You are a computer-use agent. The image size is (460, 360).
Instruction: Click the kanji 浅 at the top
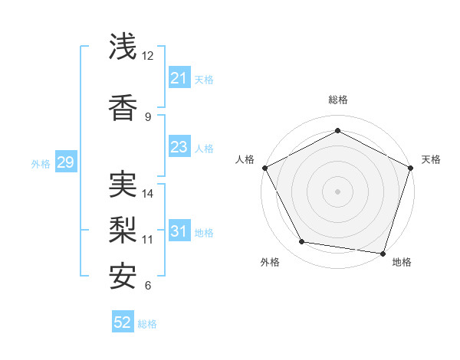click(123, 47)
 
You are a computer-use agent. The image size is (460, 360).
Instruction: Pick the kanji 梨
click(123, 230)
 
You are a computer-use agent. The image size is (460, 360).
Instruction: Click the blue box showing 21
click(179, 78)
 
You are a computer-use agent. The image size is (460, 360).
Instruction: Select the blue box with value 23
click(179, 147)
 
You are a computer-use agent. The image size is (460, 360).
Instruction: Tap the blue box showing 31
click(179, 231)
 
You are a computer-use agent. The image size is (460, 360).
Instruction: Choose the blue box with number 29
click(65, 162)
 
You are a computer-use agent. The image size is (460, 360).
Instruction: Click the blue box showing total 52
click(123, 322)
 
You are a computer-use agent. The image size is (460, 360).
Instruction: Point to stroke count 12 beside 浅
click(148, 56)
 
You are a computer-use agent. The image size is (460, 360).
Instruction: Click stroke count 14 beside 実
click(148, 194)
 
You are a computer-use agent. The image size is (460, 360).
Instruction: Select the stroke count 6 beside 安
click(147, 286)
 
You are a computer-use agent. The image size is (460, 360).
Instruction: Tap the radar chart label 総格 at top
click(337, 100)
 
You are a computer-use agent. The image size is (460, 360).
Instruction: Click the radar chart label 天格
click(431, 159)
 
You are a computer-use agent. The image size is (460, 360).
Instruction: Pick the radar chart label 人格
click(245, 159)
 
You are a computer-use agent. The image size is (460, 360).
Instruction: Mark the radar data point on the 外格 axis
click(302, 242)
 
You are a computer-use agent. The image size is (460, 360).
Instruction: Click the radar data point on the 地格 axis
click(383, 253)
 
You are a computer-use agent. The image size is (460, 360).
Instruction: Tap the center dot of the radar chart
click(337, 191)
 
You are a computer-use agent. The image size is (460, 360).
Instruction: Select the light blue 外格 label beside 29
click(41, 163)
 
